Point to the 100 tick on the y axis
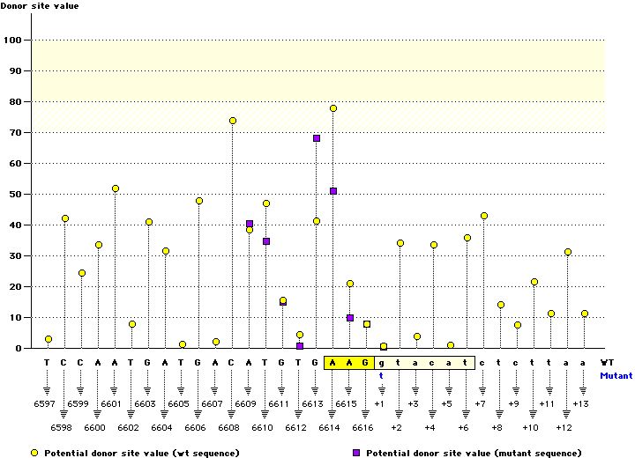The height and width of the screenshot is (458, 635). click(x=14, y=40)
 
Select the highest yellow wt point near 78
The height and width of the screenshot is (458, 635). click(x=333, y=108)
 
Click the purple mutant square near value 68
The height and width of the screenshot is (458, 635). click(x=317, y=138)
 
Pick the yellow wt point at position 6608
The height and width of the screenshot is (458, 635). click(x=233, y=121)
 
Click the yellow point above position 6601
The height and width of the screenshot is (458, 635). click(x=116, y=188)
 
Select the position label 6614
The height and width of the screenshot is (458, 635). click(x=332, y=427)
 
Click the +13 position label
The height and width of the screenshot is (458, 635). click(x=580, y=403)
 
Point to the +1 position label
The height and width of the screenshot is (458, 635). click(x=380, y=403)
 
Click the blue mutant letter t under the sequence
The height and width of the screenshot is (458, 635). click(x=382, y=375)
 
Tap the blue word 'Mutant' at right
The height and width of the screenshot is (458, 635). click(x=616, y=375)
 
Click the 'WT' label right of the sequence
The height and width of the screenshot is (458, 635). click(x=607, y=362)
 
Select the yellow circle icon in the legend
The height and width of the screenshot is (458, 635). click(x=34, y=452)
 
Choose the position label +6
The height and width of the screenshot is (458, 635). click(x=464, y=427)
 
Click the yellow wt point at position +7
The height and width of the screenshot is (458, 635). click(x=484, y=216)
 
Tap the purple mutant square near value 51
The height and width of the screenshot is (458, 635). click(x=333, y=191)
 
